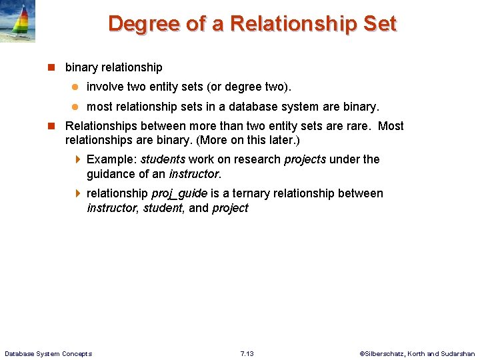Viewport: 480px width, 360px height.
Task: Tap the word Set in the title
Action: (x=379, y=24)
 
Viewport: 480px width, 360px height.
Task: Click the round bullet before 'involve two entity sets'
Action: (x=75, y=87)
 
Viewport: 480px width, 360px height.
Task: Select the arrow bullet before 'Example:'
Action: (x=77, y=159)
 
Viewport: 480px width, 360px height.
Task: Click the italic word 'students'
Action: (x=163, y=159)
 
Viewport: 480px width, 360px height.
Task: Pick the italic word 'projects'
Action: (x=305, y=159)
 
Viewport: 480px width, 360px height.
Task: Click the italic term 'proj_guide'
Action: (x=179, y=193)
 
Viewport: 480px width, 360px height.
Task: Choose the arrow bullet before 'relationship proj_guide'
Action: (x=77, y=193)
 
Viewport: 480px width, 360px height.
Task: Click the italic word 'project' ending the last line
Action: (x=230, y=208)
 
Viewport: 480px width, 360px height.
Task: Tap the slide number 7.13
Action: (x=247, y=353)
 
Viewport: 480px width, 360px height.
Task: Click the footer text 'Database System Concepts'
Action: (x=48, y=353)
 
